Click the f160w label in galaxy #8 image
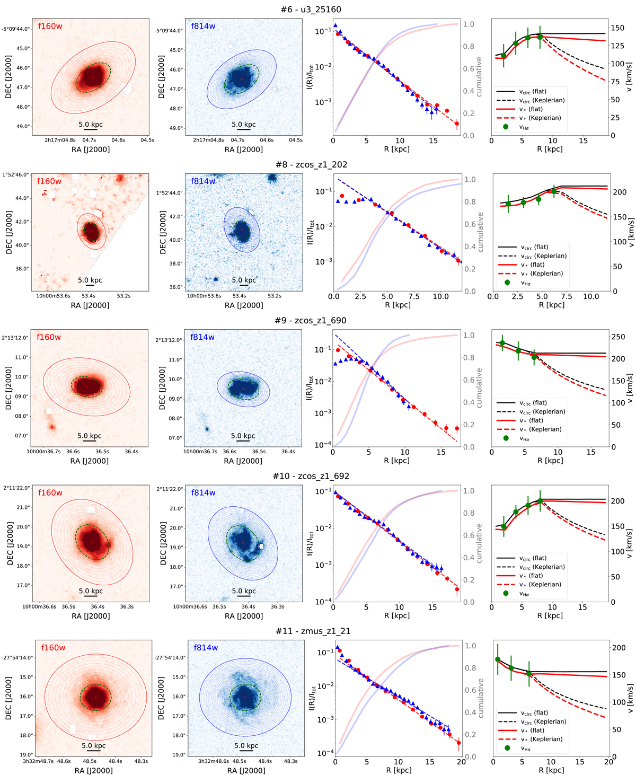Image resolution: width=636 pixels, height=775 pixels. point(49,181)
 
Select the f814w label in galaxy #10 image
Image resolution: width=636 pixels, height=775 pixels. point(204,492)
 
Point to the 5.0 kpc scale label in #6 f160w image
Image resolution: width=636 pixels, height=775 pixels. point(91,125)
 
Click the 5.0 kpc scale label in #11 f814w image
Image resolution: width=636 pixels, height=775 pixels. point(246,745)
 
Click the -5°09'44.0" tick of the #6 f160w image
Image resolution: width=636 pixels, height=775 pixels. point(16,29)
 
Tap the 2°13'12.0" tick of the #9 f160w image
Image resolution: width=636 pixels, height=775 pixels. point(15,338)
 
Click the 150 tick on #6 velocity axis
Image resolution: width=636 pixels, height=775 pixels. point(617,28)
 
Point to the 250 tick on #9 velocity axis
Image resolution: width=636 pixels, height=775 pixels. point(618,337)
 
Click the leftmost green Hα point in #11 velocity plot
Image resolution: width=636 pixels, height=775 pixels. point(498,659)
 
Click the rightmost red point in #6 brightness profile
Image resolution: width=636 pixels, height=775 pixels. point(457,124)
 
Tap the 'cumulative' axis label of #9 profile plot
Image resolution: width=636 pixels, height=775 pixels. point(479,387)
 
